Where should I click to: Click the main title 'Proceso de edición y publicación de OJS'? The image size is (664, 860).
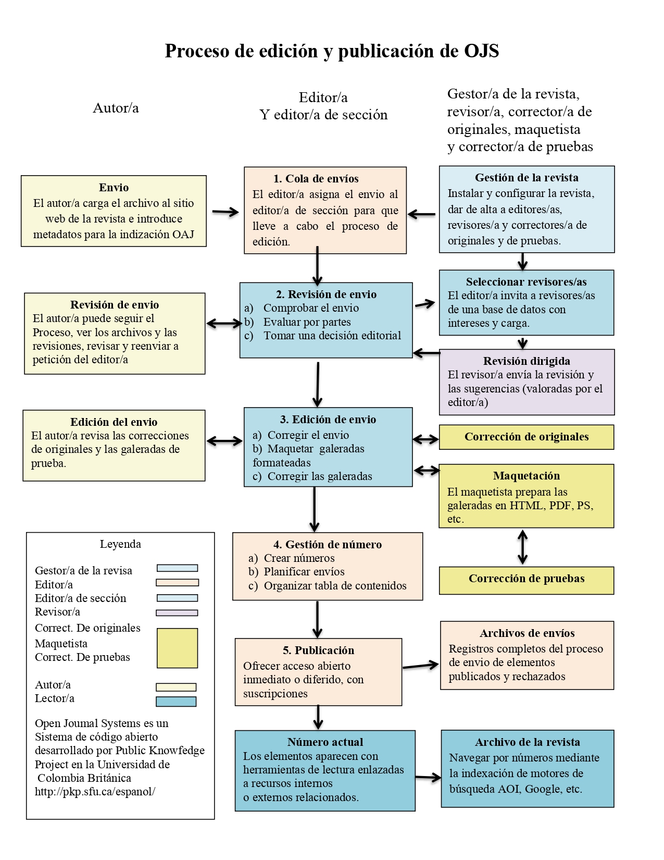click(332, 51)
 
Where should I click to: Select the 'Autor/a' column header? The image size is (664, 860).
click(116, 108)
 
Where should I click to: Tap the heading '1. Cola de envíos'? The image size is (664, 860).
click(316, 179)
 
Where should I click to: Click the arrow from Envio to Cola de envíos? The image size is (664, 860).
click(225, 212)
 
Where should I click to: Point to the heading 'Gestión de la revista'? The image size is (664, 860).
click(527, 178)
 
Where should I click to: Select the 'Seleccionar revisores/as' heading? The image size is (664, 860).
click(526, 282)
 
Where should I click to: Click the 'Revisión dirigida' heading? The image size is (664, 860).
click(527, 361)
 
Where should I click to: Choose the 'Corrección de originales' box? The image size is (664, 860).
click(527, 437)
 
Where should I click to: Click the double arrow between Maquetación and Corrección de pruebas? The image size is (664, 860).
click(522, 547)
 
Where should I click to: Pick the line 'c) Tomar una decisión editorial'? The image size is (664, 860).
click(323, 336)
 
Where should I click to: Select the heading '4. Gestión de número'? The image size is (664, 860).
click(328, 545)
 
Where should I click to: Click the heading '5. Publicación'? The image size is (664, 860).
click(318, 650)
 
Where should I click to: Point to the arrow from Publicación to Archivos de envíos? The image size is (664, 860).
click(421, 666)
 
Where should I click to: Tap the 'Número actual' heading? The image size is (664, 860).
click(325, 742)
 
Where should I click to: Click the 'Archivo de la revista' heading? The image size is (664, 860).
click(527, 742)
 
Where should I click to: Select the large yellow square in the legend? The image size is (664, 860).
click(177, 648)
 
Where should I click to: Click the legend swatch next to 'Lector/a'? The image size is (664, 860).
click(176, 702)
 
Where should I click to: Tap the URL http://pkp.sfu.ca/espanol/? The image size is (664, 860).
click(95, 792)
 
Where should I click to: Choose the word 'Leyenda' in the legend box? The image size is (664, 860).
click(120, 544)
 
